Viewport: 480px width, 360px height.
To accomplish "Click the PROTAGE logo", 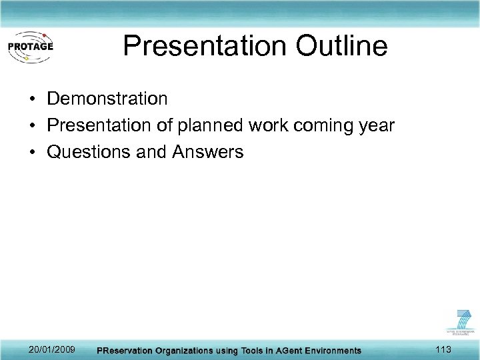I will (x=30, y=46).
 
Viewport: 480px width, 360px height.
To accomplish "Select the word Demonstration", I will (x=107, y=99).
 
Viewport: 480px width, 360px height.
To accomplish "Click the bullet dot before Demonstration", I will (x=32, y=99).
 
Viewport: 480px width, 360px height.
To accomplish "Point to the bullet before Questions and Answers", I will (x=32, y=153).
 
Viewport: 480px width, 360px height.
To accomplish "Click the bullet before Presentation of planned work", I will (x=32, y=126).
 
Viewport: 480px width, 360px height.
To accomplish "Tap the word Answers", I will (x=208, y=152).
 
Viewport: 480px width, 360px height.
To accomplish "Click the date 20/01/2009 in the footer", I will (x=52, y=350).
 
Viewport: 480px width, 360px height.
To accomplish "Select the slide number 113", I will (x=443, y=350).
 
